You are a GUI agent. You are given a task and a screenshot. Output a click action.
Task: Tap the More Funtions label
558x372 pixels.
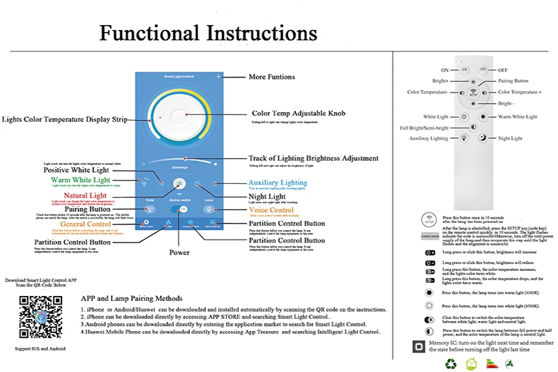pos(271,77)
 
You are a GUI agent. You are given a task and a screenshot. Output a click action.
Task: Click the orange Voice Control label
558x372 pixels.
pos(271,210)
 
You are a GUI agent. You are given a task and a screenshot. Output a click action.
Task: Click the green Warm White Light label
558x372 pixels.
pos(80,180)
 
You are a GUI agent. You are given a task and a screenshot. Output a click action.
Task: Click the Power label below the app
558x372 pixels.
pos(179,252)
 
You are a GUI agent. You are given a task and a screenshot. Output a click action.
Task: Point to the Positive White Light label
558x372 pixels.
pos(76,170)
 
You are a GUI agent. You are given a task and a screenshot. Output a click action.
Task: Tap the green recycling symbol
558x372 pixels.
pos(451,363)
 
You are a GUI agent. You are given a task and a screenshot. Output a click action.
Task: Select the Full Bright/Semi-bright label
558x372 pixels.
pos(423,128)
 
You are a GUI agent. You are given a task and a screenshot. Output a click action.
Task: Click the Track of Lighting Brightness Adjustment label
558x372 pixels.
pos(313,158)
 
